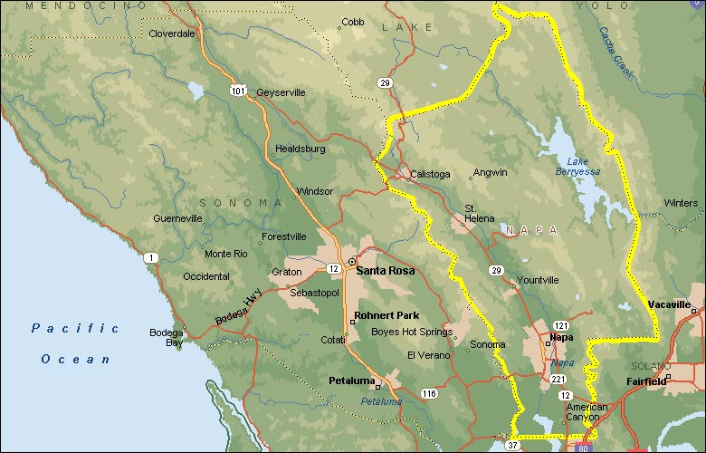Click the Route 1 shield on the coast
click(150, 258)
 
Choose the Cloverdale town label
click(172, 34)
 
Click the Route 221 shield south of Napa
click(558, 379)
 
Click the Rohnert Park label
click(386, 315)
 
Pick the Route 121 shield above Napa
click(560, 325)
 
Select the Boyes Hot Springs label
click(411, 332)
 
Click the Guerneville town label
click(177, 218)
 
